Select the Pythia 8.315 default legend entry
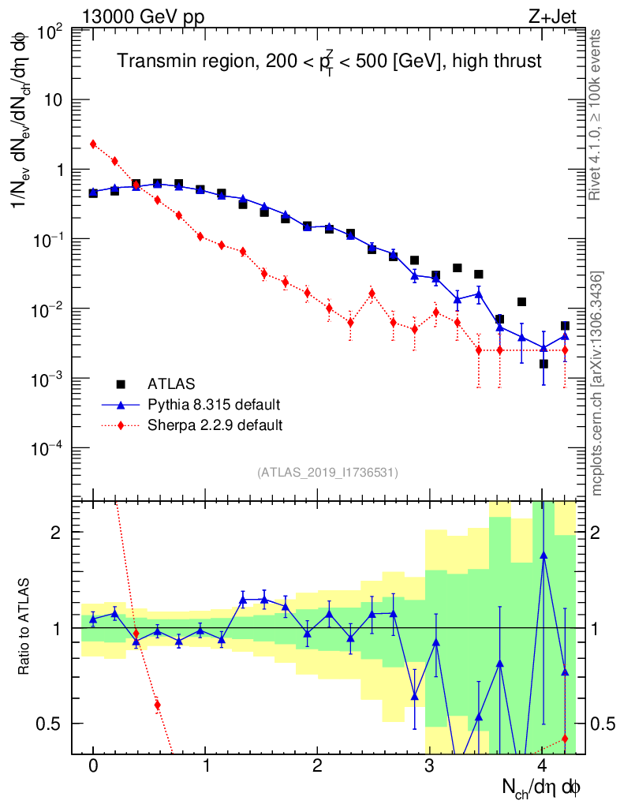214,405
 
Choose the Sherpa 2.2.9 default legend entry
215,425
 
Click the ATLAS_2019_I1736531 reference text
327,473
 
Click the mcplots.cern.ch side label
597,383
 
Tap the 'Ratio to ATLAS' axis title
25,627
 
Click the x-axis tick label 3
430,766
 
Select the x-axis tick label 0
93,766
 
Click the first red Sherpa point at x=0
93,144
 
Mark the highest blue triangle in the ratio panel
543,555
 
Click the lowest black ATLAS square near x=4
543,364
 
